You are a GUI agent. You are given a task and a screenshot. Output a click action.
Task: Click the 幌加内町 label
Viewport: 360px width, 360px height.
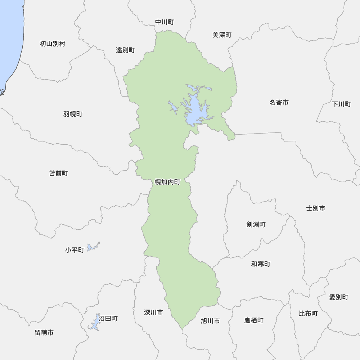[167, 182]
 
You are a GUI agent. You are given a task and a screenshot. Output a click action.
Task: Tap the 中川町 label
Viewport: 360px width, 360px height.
[165, 22]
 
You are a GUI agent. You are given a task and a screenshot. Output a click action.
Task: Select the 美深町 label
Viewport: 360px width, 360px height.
[222, 35]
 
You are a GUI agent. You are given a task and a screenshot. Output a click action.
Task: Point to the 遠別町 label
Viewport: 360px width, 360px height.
[125, 50]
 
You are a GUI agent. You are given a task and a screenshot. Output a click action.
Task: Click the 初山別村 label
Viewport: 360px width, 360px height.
[53, 44]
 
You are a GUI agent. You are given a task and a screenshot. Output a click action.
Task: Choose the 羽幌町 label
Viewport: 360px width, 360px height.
[73, 114]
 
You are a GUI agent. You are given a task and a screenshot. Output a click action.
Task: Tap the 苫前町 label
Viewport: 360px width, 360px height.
[58, 174]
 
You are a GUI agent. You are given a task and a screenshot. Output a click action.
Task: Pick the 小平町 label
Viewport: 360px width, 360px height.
[75, 250]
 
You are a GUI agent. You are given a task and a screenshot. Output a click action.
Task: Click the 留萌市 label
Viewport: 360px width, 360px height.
[44, 333]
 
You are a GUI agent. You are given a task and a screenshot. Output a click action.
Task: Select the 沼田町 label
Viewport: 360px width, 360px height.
[108, 319]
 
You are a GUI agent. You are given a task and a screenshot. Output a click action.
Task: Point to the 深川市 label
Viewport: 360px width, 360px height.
[153, 312]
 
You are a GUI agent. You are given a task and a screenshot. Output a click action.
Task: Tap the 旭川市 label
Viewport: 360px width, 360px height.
[210, 320]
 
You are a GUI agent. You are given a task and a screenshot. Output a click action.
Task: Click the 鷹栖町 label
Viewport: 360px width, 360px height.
[254, 320]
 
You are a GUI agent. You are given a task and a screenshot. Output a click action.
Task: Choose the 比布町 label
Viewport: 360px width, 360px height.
[308, 314]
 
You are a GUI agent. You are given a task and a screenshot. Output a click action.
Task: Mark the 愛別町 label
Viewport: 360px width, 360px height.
[339, 297]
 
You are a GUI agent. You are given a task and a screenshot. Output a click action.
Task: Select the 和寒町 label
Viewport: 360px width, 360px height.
[261, 264]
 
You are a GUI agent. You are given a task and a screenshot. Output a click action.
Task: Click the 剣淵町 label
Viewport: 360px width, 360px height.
[256, 225]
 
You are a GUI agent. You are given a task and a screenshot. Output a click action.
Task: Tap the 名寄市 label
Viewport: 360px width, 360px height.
[279, 103]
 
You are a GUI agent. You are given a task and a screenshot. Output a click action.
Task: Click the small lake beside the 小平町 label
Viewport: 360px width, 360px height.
[91, 247]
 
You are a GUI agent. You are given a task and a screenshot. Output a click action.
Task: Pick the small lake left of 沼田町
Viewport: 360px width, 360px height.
[95, 322]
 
